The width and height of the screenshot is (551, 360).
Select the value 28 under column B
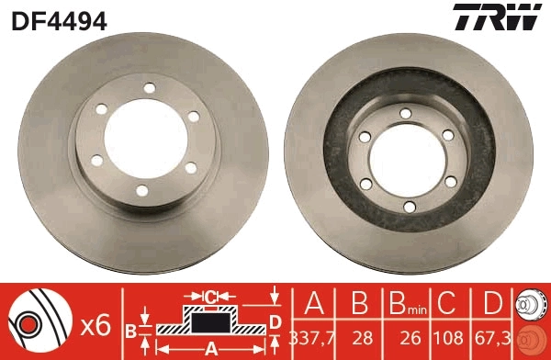pyautogui.click(x=359, y=337)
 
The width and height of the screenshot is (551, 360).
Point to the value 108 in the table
pyautogui.click(x=449, y=337)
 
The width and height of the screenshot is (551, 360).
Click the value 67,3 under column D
pyautogui.click(x=494, y=337)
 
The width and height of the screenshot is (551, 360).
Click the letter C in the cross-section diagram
pyautogui.click(x=211, y=296)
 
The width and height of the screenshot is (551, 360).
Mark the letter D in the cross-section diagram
pyautogui.click(x=275, y=321)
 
